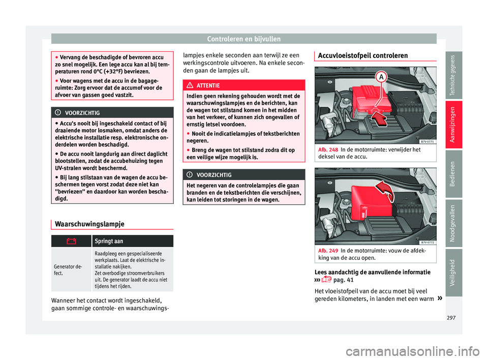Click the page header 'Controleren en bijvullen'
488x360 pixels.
[243, 38]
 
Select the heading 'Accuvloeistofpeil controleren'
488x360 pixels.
[361, 55]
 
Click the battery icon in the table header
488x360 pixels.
[71, 242]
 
